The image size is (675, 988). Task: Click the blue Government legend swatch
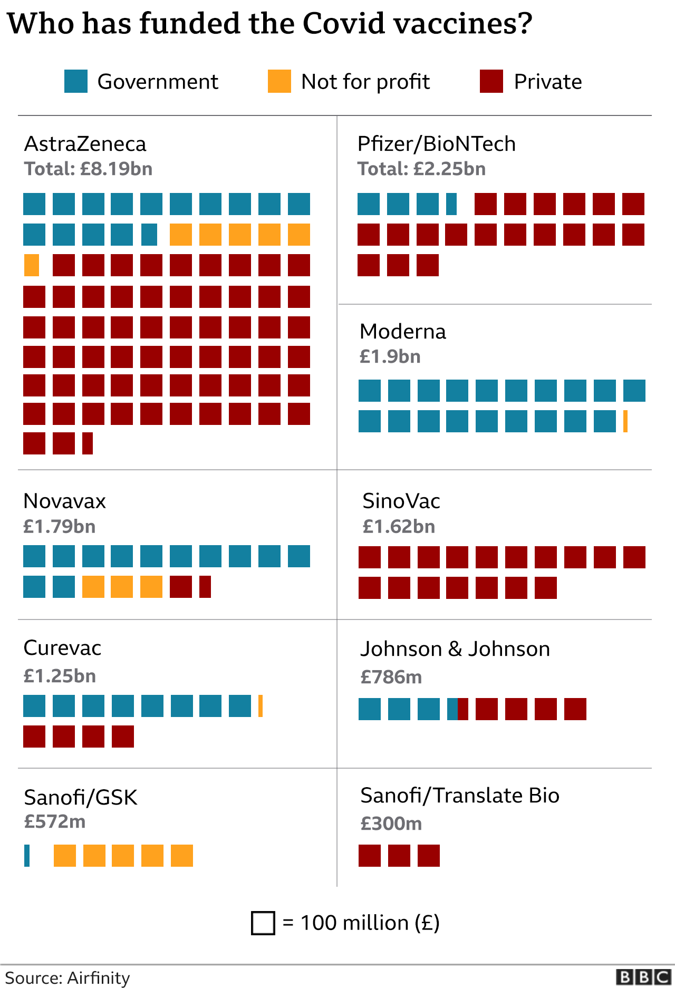click(76, 81)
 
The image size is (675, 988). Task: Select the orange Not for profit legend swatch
click(279, 81)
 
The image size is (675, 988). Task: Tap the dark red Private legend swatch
click(491, 81)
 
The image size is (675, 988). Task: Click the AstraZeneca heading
click(85, 144)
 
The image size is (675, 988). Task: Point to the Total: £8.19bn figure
click(88, 169)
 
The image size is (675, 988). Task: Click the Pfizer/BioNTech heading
click(436, 144)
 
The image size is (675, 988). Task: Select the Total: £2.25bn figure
click(421, 169)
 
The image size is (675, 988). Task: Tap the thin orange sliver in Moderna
click(625, 421)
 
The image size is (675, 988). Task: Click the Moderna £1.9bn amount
click(390, 356)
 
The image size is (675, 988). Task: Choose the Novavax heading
click(64, 501)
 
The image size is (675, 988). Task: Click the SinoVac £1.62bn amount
click(399, 526)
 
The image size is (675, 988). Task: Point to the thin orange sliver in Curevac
click(261, 706)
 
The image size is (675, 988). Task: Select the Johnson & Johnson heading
click(455, 649)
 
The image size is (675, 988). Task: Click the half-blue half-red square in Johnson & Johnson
click(457, 709)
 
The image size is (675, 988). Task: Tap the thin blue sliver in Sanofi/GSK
click(27, 856)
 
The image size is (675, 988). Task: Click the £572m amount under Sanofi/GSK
click(55, 821)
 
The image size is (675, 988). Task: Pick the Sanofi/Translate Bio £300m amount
click(391, 824)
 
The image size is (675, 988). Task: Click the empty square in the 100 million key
click(263, 923)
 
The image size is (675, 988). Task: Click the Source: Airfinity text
click(67, 977)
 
